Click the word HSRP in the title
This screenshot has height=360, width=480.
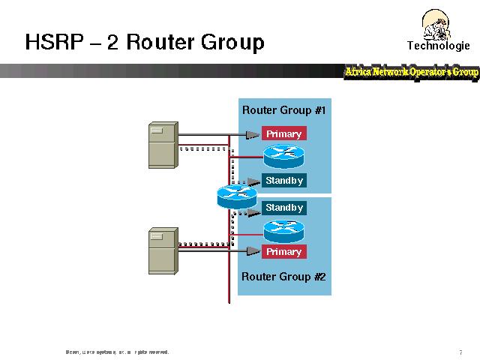coord(53,42)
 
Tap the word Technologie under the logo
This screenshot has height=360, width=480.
coord(438,45)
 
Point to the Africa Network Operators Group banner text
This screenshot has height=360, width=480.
coord(411,72)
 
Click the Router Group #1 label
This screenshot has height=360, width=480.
coord(283,110)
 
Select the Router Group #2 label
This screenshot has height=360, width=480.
coord(283,276)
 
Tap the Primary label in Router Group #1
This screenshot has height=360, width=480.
coord(283,134)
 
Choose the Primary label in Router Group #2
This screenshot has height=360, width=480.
coord(283,252)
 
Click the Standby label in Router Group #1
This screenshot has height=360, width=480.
coord(283,181)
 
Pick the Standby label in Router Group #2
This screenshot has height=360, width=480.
coord(283,208)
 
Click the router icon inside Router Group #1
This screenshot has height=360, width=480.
coord(283,157)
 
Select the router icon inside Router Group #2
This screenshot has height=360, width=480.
coord(283,229)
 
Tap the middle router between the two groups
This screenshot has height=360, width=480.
coord(236,196)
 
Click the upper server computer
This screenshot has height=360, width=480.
coord(163,143)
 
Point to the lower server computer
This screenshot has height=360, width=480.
coord(163,250)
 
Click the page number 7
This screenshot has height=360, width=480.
coord(460,352)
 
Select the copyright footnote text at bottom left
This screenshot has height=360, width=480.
coord(117,352)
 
